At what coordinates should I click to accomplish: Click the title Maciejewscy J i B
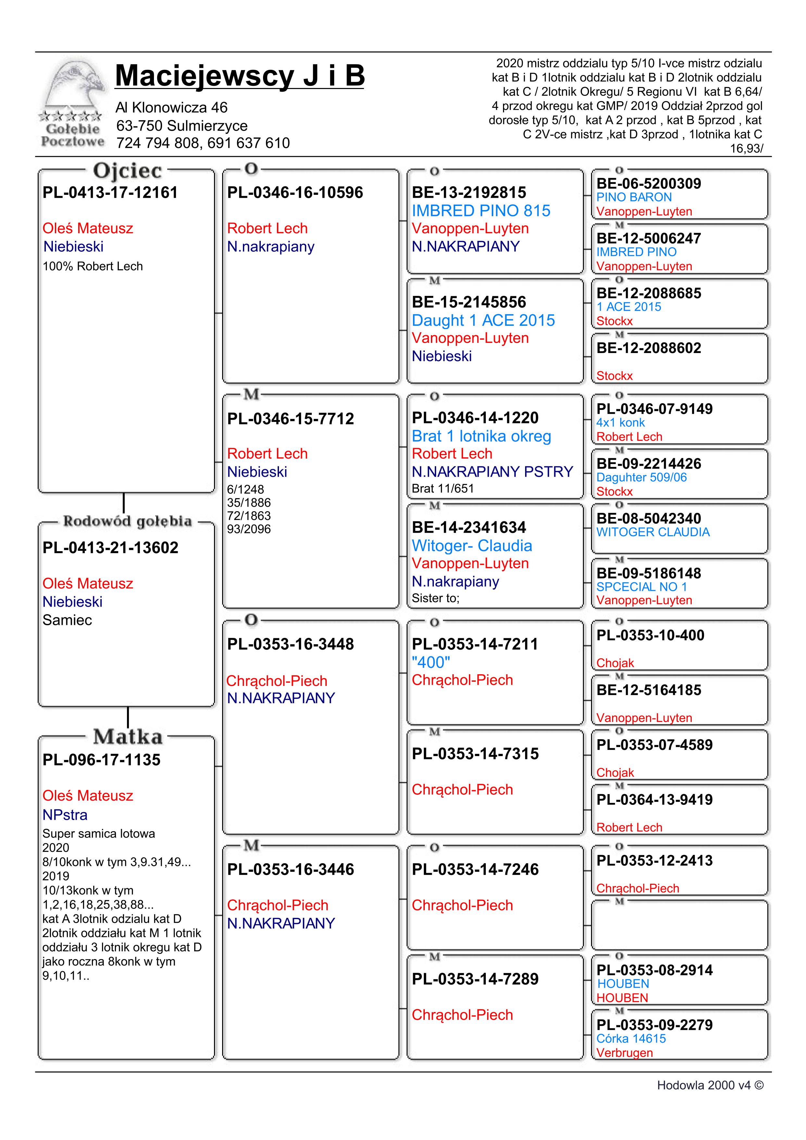[x=240, y=76]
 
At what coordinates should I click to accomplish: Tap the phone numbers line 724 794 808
[x=203, y=143]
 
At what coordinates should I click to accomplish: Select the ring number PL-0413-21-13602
[x=110, y=548]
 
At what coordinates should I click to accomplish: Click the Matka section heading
[x=128, y=737]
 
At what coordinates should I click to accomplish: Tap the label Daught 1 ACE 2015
[x=483, y=320]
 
